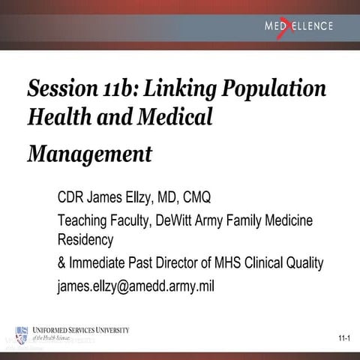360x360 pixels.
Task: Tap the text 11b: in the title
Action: click(x=115, y=88)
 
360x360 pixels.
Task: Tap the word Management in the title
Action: click(x=90, y=154)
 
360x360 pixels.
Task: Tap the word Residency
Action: click(x=85, y=240)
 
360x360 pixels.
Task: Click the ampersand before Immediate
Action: click(x=61, y=263)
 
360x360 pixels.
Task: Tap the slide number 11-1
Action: click(x=343, y=340)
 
